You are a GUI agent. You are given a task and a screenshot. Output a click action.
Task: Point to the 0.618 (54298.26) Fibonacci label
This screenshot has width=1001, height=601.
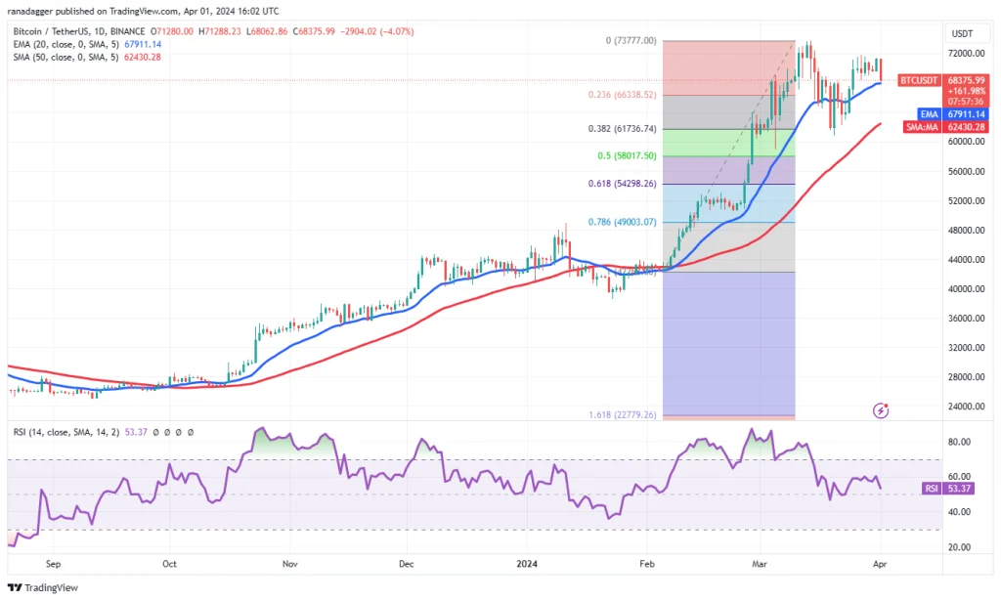(x=628, y=184)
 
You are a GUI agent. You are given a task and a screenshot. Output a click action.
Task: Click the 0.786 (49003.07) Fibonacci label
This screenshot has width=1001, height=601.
(x=628, y=222)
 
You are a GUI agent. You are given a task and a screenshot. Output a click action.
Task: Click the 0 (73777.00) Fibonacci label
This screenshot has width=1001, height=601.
(x=631, y=41)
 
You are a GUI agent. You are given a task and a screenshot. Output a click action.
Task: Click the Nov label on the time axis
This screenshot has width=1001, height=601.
(x=288, y=564)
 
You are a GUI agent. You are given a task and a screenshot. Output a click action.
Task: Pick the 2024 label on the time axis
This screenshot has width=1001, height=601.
(x=527, y=564)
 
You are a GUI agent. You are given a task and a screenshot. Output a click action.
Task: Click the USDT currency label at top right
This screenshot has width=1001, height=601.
(x=963, y=33)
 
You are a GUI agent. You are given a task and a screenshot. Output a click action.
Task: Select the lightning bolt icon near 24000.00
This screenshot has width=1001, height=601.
(x=883, y=410)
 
